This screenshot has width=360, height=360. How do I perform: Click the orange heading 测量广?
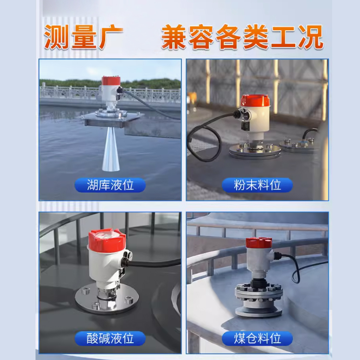pos(84,37)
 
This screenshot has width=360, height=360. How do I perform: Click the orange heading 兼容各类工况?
pos(242,37)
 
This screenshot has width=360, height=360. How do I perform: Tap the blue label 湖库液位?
pos(110,185)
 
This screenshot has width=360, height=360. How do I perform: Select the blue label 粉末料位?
pos(257,185)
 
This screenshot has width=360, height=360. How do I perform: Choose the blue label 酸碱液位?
pos(110,338)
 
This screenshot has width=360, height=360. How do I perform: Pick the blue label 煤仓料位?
pos(257,338)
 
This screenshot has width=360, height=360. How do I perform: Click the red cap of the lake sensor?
pos(111,81)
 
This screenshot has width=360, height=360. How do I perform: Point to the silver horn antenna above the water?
pos(111,149)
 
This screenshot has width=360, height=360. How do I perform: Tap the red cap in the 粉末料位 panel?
pos(255,101)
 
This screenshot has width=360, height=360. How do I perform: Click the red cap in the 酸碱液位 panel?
pos(107,240)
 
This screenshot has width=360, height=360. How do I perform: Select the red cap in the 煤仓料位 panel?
pos(259,243)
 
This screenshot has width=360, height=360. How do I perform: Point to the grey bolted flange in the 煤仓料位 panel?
pos(259,301)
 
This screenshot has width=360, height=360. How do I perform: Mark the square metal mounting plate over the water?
pos(112,119)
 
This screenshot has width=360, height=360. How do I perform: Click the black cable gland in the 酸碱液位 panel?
pos(127,259)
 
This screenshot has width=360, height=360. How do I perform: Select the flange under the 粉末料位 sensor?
pos(255,151)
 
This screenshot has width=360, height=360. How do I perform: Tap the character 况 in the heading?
pos(311,37)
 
